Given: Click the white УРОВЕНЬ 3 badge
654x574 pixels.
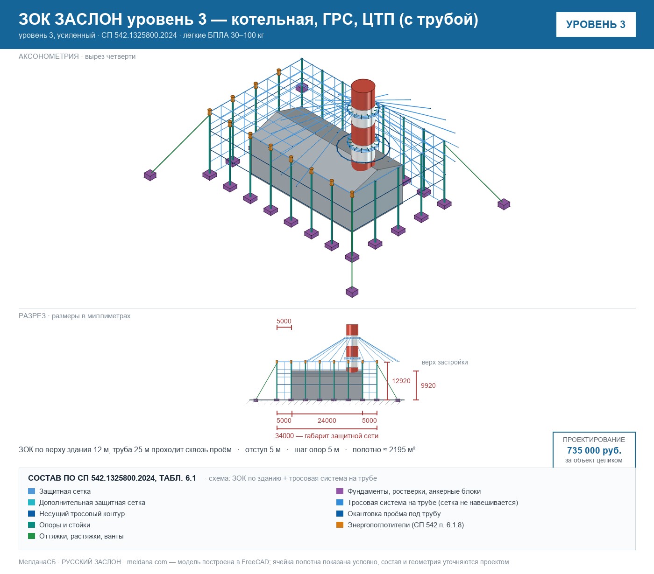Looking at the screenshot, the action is click(596, 25).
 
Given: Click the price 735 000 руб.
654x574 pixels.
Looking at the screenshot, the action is click(594, 450).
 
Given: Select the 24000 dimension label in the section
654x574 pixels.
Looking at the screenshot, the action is click(327, 420).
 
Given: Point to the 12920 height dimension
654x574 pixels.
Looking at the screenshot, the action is click(401, 381).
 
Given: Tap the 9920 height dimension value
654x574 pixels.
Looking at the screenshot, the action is click(428, 385).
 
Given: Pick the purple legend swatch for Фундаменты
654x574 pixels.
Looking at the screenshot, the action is click(340, 491).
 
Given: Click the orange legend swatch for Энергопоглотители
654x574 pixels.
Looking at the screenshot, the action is click(340, 525).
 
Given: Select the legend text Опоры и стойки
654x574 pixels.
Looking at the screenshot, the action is click(64, 525).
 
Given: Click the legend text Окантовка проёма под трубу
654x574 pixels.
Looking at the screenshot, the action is click(394, 513).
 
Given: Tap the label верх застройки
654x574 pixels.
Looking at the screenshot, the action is click(445, 362).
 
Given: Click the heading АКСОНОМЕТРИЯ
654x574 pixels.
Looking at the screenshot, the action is click(49, 56).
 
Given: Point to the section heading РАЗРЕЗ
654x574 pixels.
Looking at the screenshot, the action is click(32, 315).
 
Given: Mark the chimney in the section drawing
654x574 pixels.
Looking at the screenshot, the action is click(352, 348).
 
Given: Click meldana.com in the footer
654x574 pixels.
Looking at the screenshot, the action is click(147, 562).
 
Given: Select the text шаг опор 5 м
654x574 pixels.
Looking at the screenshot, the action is click(316, 449).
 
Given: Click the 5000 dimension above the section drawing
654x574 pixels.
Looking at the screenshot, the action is click(284, 321).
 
